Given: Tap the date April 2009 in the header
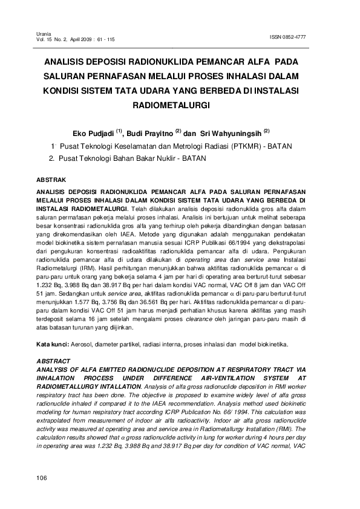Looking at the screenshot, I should (x=80, y=39).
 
